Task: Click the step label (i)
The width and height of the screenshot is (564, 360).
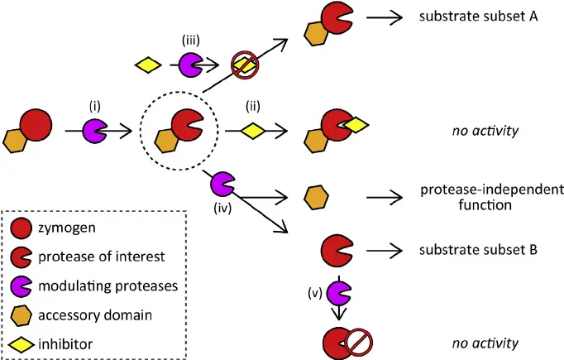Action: (x=95, y=107)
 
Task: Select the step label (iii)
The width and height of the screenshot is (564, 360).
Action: (x=190, y=40)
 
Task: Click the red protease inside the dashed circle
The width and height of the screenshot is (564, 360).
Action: (x=189, y=122)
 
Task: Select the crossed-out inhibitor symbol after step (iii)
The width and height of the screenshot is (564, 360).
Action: (x=244, y=65)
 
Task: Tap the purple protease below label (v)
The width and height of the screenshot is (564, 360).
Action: (x=339, y=293)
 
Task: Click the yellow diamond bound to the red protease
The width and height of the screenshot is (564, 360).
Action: (x=355, y=125)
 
